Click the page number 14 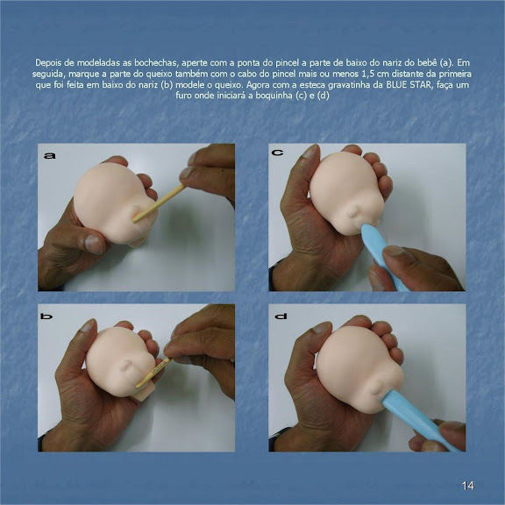[x=467, y=486]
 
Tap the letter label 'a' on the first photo [x=50, y=156]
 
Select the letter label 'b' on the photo [x=46, y=317]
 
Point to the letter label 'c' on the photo [x=278, y=152]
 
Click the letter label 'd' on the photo [x=281, y=317]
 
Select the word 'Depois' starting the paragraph [x=47, y=62]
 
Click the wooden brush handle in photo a [x=159, y=203]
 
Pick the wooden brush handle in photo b [x=153, y=373]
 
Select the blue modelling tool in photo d [x=420, y=420]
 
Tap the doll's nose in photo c [x=354, y=212]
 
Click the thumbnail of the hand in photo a [x=94, y=244]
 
